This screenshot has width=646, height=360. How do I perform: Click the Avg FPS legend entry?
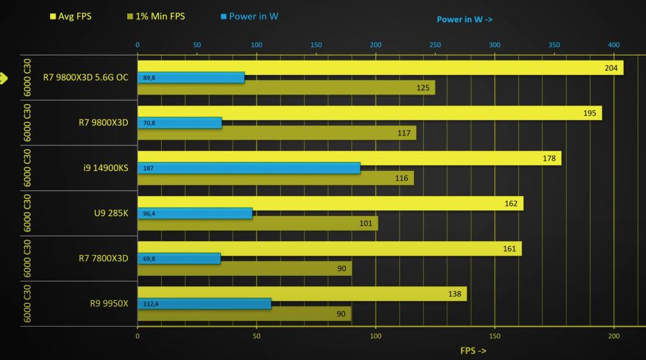coord(73,16)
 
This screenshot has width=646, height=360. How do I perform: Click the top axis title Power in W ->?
coord(465,19)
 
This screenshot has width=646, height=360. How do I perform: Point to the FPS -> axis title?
coord(473,351)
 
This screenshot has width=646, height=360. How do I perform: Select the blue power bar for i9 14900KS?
coord(249,168)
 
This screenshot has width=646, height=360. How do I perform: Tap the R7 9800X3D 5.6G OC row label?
coord(85,77)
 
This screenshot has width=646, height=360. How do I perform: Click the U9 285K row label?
coord(111,213)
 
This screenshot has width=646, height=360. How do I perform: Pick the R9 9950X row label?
coord(109,303)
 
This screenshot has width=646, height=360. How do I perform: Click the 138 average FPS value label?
coord(454,294)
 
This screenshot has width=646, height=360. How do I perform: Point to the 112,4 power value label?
coord(151,304)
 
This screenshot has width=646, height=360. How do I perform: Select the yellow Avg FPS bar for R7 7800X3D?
coord(329,249)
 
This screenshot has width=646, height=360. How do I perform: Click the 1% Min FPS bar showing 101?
coord(257,224)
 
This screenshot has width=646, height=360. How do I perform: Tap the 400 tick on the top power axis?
coord(613,45)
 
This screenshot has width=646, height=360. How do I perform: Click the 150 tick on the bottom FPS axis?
coord(495,336)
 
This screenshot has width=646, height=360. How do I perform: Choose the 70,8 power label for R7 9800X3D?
coord(149,123)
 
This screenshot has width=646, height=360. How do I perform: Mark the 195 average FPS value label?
coord(590,113)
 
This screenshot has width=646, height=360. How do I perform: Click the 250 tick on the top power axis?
coord(435,45)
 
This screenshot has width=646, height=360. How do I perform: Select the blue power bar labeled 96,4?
coord(194,213)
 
